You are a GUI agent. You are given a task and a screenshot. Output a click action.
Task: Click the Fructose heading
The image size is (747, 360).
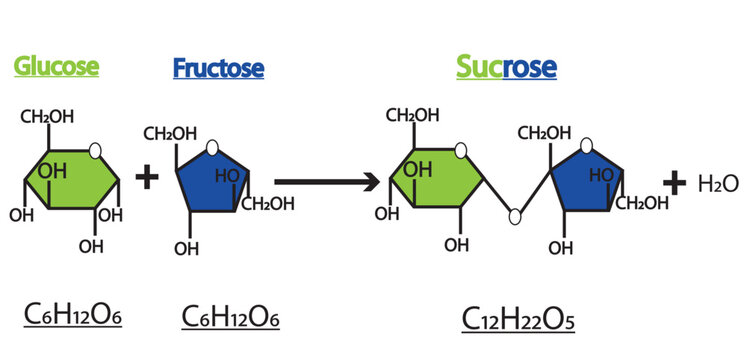click(x=218, y=69)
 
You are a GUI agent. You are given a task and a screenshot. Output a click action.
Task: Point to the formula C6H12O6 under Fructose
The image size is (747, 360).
click(x=230, y=317)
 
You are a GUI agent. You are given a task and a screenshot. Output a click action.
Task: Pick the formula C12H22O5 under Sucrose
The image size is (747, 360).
click(x=518, y=318)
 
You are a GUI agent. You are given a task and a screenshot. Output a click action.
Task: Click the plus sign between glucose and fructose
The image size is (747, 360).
click(x=148, y=178)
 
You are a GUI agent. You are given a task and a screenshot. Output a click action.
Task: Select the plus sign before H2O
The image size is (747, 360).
click(x=675, y=182)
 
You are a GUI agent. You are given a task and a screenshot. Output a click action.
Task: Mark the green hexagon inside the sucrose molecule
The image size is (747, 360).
click(x=437, y=178)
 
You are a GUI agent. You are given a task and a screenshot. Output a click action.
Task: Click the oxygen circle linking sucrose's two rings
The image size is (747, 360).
click(x=514, y=215)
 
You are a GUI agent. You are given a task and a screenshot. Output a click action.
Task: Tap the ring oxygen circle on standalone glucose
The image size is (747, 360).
click(x=95, y=150)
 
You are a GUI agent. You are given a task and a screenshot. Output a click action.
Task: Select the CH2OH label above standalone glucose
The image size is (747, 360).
click(x=47, y=118)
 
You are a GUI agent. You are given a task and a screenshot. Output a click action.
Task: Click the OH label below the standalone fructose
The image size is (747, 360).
click(x=186, y=249)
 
